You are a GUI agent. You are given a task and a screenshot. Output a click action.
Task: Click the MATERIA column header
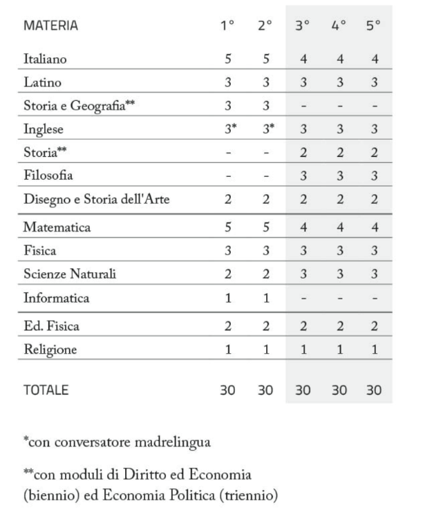point(51,26)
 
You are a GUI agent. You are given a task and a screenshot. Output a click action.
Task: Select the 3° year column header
point(303,26)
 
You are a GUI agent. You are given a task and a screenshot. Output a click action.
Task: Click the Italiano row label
point(45,59)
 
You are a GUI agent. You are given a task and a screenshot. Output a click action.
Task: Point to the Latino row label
point(43,83)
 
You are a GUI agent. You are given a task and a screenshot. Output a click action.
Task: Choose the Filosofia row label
point(48,176)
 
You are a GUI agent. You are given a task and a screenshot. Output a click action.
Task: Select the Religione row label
point(50,350)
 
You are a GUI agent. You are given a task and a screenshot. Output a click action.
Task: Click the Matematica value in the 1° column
point(227,227)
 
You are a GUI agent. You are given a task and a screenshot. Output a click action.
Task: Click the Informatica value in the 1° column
point(227,299)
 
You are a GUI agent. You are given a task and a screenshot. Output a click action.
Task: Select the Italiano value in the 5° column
point(375,59)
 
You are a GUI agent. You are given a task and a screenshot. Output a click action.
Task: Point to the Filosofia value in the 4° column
point(339,176)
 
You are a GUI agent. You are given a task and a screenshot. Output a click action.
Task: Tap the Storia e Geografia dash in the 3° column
point(303,106)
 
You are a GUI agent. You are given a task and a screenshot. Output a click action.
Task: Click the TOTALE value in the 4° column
point(339,390)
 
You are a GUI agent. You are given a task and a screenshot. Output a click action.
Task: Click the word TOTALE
point(46,390)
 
